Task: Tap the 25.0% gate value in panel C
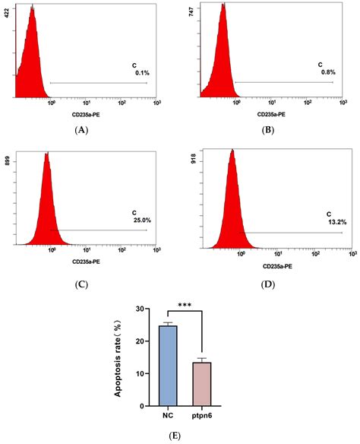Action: tap(137, 221)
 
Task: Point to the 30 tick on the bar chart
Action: tap(140, 309)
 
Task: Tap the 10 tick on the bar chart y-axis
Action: tap(140, 373)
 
